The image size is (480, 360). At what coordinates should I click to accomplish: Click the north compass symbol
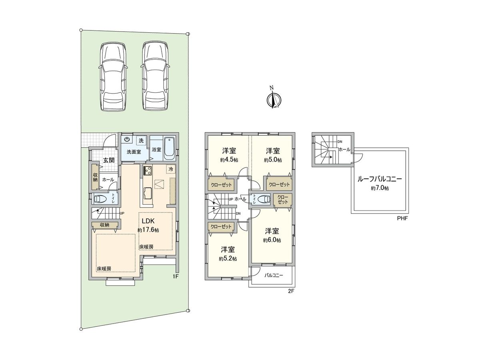[274, 99]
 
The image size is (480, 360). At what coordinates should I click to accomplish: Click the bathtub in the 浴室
[169, 149]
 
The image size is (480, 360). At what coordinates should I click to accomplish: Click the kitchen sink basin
[148, 193]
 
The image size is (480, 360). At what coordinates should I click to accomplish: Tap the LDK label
[148, 221]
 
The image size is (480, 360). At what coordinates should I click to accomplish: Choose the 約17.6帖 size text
[148, 230]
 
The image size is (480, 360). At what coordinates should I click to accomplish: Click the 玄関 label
[109, 160]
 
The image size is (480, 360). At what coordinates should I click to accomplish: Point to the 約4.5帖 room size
[229, 160]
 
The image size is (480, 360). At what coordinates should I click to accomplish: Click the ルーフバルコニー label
[380, 179]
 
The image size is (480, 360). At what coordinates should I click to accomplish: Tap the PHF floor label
[402, 218]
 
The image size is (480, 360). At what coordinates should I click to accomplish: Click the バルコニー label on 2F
[274, 275]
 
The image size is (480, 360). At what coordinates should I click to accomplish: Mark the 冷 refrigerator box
[171, 169]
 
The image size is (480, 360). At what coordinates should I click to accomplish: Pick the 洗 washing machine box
[141, 140]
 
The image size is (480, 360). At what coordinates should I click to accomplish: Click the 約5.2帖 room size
[228, 258]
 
